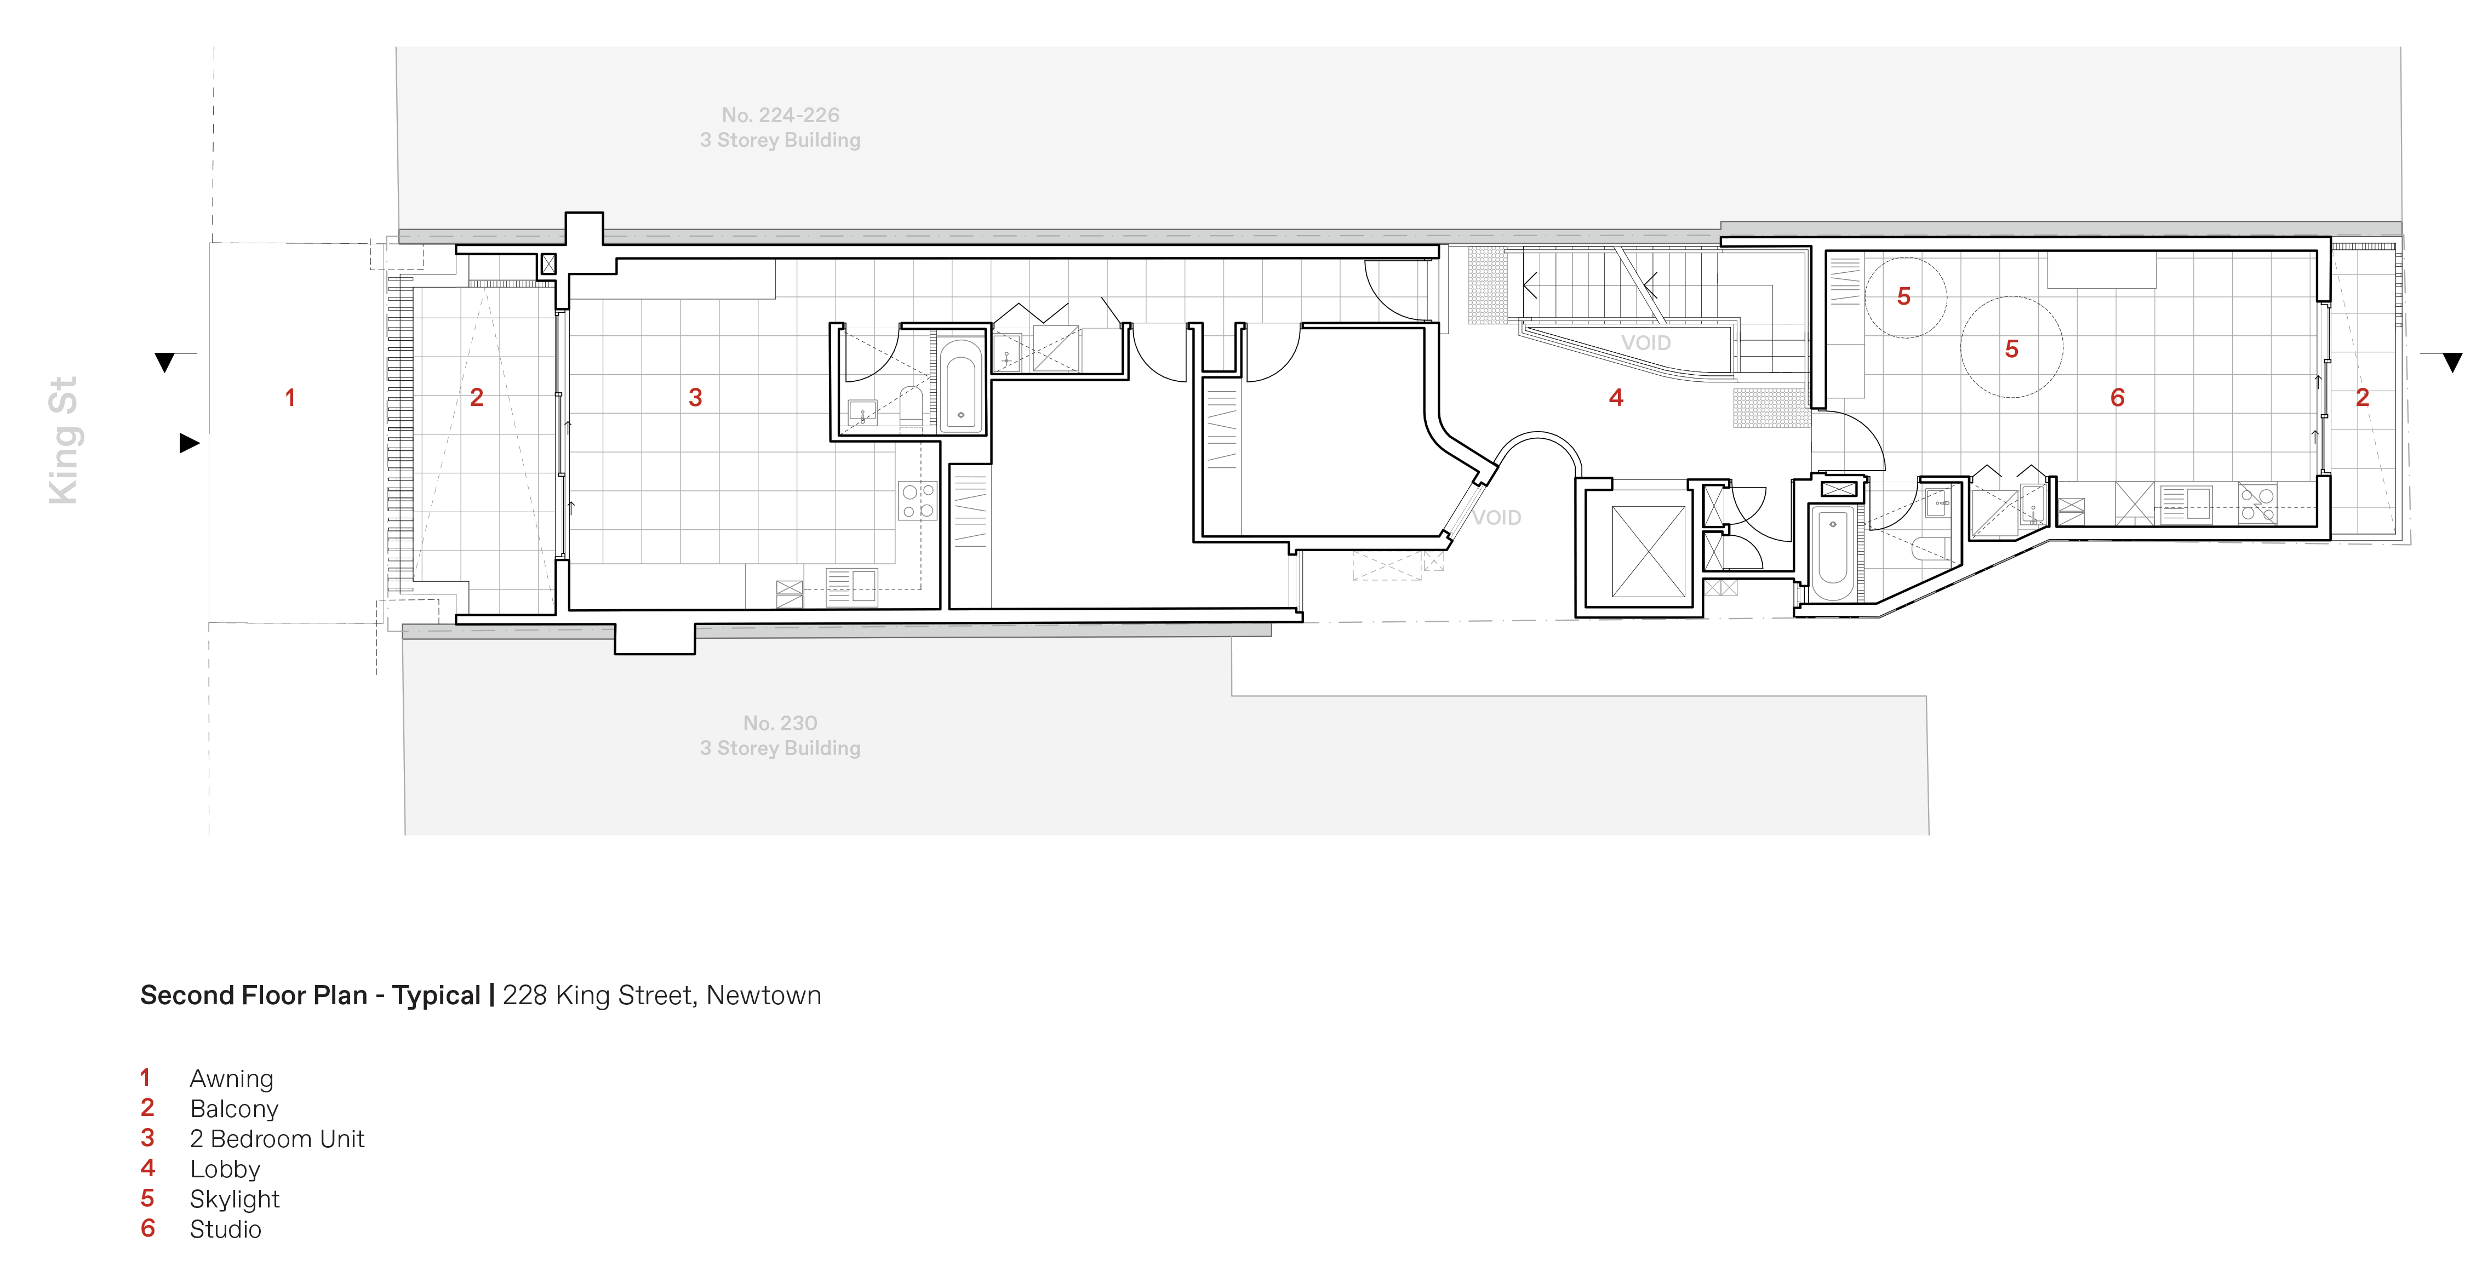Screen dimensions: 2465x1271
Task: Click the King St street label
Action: coord(63,440)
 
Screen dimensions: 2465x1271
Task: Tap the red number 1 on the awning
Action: coord(290,397)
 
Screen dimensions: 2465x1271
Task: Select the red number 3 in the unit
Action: coord(696,397)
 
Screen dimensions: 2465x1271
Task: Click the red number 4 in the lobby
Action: coord(1616,397)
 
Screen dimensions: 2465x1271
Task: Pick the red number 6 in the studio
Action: coord(2118,397)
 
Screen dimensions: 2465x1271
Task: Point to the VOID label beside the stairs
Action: coord(1646,342)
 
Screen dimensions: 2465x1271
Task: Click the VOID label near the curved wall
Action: coord(1497,518)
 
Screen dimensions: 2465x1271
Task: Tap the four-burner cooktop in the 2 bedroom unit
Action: coord(917,501)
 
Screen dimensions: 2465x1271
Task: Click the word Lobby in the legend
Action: coord(225,1169)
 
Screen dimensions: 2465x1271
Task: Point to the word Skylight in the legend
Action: coord(235,1199)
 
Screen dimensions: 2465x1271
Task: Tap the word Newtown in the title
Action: coord(764,995)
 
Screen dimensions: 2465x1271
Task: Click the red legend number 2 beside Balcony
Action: coord(147,1107)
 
